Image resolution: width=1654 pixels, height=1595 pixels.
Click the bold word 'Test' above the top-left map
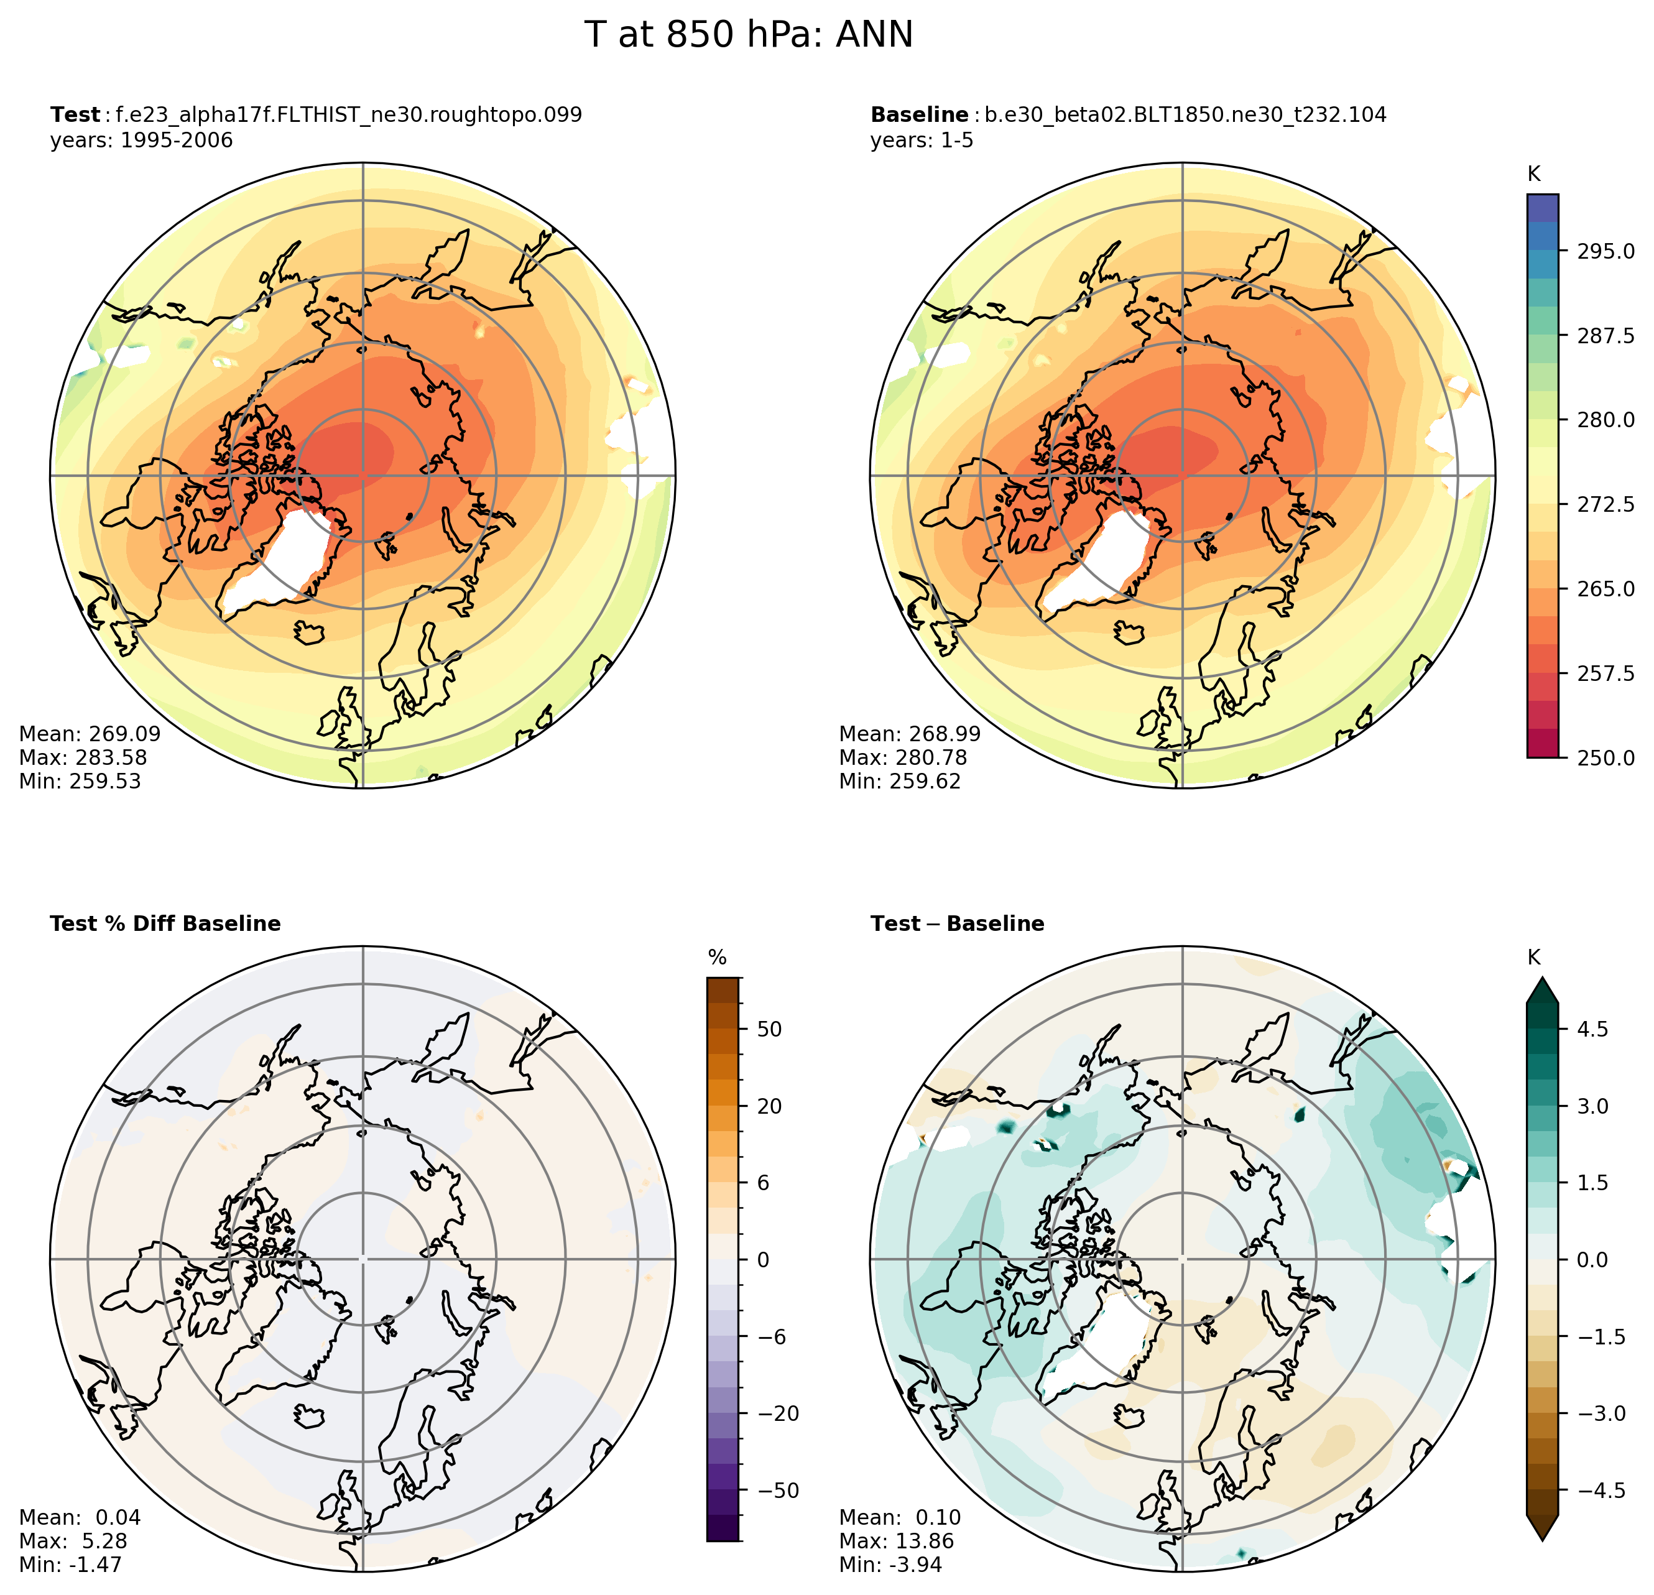point(75,115)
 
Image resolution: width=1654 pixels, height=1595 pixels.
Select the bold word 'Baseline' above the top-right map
point(919,115)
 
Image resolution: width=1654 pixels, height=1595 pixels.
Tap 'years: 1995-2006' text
point(141,140)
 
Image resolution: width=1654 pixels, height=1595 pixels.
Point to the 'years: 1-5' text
point(922,140)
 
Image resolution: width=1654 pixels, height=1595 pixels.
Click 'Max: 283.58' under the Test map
point(83,758)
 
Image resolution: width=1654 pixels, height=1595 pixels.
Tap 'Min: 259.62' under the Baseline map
point(900,782)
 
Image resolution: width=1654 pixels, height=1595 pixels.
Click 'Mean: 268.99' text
point(910,734)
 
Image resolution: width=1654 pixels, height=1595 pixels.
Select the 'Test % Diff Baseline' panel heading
point(165,924)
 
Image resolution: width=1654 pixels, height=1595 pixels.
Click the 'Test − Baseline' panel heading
point(957,924)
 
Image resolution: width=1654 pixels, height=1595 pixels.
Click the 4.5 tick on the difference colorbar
point(1592,1030)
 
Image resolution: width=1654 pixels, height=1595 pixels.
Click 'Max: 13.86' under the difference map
point(896,1541)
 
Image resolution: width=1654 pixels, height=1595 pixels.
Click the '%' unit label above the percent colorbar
point(718,958)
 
